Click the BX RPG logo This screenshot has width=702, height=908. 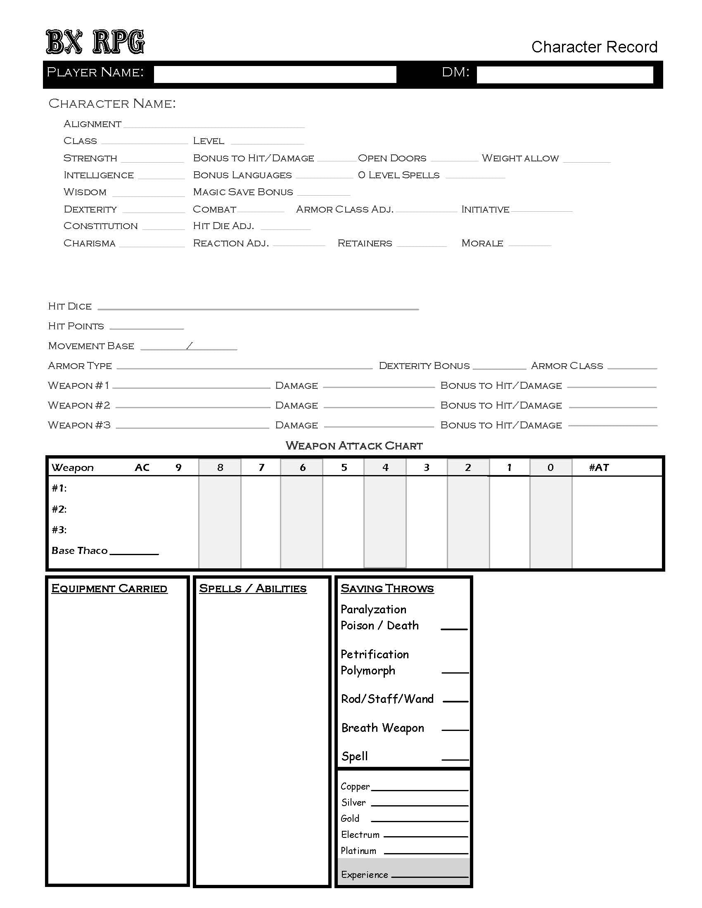[x=95, y=42]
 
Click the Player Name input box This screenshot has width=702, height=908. [x=275, y=74]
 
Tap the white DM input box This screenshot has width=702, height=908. [x=564, y=75]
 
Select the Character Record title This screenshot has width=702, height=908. [x=594, y=47]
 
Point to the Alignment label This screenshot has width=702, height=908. [x=92, y=124]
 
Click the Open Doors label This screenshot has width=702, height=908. [x=392, y=158]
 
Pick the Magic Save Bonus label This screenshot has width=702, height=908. [x=243, y=192]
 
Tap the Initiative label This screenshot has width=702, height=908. [x=485, y=209]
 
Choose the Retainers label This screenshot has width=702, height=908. [x=365, y=243]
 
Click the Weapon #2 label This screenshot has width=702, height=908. [x=79, y=405]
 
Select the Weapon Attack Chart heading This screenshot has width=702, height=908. [x=354, y=446]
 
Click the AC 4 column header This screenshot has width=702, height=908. [x=385, y=467]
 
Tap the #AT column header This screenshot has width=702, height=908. [x=598, y=467]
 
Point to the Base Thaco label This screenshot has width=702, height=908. [x=79, y=551]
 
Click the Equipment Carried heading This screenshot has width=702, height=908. [x=109, y=588]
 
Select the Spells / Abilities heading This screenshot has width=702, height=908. [x=252, y=588]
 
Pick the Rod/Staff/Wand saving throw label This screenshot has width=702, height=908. [x=387, y=699]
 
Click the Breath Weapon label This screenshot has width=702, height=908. [x=383, y=728]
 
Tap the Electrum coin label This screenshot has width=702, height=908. [x=360, y=835]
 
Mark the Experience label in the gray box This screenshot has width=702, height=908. [x=364, y=874]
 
